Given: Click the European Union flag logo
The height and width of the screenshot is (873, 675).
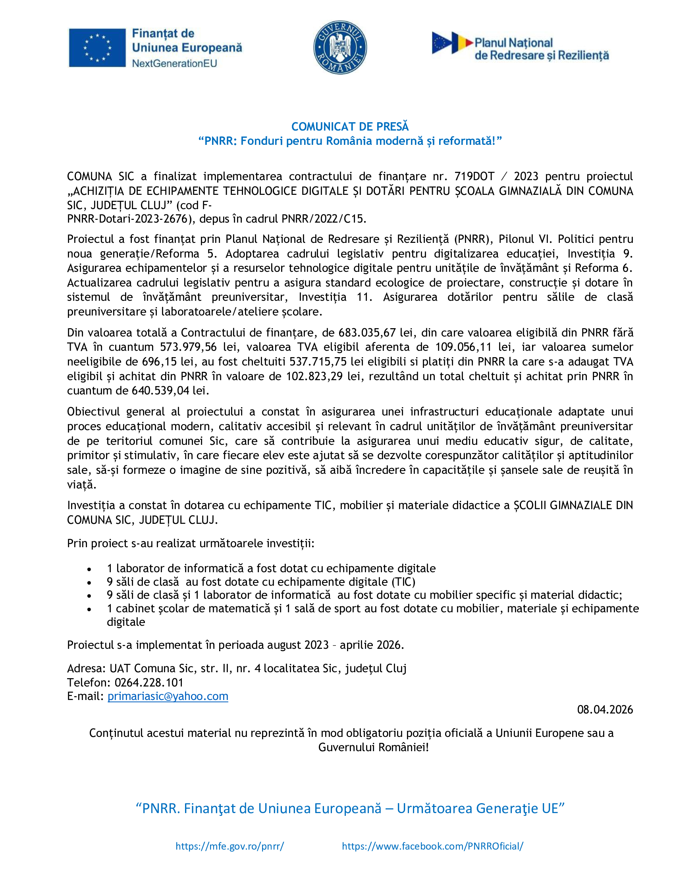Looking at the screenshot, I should [97, 48].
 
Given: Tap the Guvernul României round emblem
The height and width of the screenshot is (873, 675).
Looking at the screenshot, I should [340, 48].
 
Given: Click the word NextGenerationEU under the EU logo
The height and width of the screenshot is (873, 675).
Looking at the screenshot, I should [174, 63].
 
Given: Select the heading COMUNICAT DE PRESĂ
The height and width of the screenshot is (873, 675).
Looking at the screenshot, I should [350, 127].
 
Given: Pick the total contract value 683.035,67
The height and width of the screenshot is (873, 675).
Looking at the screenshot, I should [367, 333].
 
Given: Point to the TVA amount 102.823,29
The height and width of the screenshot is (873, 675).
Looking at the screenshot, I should [314, 376].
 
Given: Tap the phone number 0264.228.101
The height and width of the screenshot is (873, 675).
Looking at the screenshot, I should [149, 683].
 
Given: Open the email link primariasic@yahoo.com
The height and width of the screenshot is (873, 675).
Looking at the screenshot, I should [168, 696].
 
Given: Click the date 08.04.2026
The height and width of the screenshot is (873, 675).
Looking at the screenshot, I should [605, 710].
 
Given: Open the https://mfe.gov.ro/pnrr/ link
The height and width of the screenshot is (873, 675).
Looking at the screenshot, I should [230, 846].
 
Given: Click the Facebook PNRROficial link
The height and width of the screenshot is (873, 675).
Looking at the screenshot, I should [433, 846].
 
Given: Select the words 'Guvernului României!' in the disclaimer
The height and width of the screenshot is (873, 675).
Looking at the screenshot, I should [374, 748].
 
